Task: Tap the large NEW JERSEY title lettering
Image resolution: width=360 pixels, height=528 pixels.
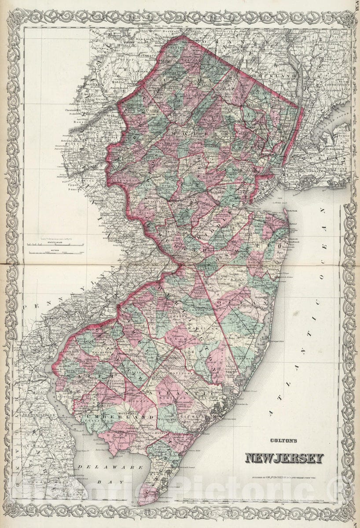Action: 284,458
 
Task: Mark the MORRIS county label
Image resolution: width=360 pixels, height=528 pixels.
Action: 187,134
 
